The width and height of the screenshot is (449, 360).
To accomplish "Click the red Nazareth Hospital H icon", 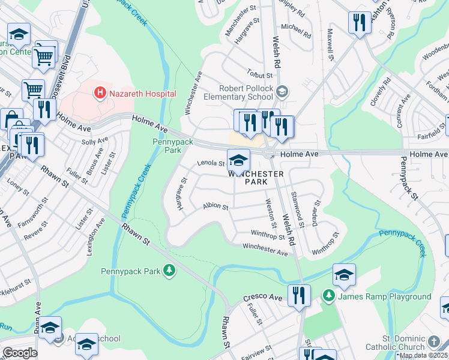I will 100,93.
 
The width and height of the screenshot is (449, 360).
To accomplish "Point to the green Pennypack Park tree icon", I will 170,271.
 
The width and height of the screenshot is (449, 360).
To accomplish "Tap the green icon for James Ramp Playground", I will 328,296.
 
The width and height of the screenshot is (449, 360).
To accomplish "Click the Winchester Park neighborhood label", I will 256,177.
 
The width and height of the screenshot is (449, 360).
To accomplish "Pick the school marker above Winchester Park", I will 238,160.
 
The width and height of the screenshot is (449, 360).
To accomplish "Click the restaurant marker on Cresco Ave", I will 298,295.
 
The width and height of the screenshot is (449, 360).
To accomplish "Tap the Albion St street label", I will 215,206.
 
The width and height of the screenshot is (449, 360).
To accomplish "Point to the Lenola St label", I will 211,163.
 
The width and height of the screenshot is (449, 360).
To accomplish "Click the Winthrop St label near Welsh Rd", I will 267,236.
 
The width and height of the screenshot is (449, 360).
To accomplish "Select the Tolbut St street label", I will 261,76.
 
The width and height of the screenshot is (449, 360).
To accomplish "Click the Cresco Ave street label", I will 262,298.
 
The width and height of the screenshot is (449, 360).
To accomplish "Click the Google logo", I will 20,353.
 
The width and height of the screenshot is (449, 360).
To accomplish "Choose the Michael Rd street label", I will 294,27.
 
